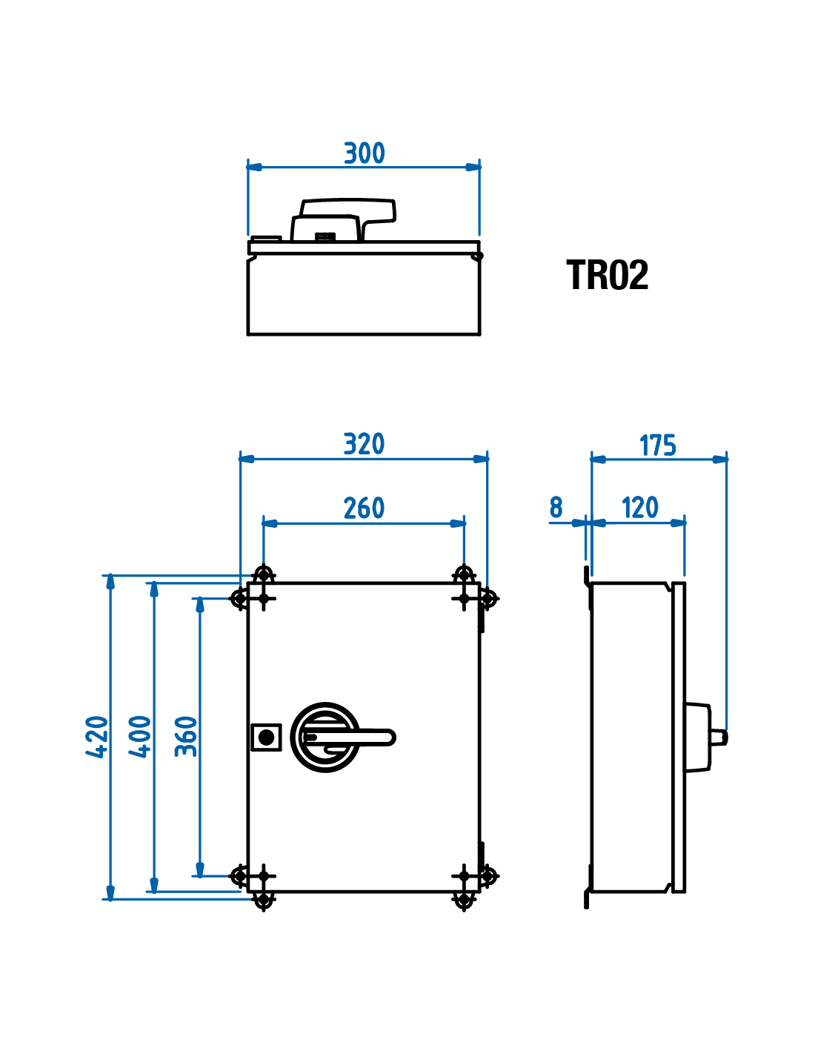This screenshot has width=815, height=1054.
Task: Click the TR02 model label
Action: (x=607, y=275)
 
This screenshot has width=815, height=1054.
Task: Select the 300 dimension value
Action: (x=364, y=153)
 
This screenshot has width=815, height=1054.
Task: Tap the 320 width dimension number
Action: (x=364, y=444)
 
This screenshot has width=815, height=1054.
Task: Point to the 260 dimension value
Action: (x=364, y=508)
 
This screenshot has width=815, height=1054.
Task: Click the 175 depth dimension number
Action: (x=657, y=445)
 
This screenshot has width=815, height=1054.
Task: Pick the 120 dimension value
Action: (x=639, y=508)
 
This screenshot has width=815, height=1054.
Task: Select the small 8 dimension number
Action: (x=556, y=508)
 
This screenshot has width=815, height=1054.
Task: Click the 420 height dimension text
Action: (x=97, y=737)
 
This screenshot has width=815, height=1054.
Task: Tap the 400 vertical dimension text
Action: (x=141, y=737)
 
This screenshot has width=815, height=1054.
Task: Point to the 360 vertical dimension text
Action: (x=186, y=737)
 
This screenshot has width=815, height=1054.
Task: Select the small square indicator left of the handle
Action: (x=265, y=737)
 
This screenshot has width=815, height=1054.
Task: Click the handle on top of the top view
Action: (x=347, y=212)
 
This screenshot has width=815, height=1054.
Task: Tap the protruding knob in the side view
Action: (x=719, y=738)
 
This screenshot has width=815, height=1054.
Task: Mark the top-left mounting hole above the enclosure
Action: (x=263, y=574)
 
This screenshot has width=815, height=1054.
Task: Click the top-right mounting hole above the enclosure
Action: (x=464, y=574)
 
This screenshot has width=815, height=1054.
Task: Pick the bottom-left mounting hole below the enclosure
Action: (x=263, y=901)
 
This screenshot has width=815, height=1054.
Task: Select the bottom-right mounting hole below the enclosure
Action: (x=464, y=901)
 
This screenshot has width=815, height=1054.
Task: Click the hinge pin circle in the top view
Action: (x=478, y=256)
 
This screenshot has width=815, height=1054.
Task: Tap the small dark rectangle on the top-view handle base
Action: (x=325, y=237)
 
